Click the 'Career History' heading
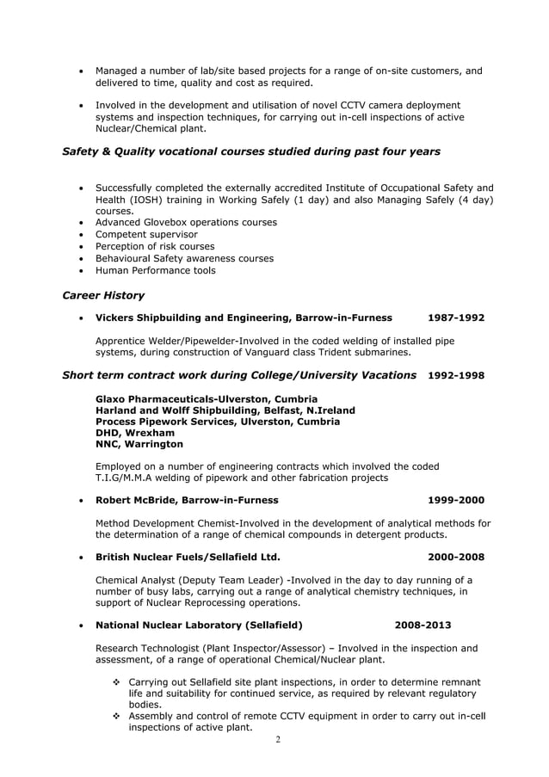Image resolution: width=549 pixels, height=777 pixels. pyautogui.click(x=103, y=296)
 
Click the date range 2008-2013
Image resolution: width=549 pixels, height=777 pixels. pyautogui.click(x=423, y=625)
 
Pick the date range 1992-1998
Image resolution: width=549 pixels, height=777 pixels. pyautogui.click(x=456, y=376)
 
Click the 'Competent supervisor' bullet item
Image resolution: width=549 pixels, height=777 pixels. pyautogui.click(x=146, y=234)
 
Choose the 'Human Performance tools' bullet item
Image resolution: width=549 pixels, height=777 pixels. pyautogui.click(x=155, y=270)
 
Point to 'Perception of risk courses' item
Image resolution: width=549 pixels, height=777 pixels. pyautogui.click(x=155, y=246)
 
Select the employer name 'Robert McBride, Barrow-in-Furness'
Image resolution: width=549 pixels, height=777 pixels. pyautogui.click(x=187, y=500)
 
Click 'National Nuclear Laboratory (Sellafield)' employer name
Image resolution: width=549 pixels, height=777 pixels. pyautogui.click(x=199, y=625)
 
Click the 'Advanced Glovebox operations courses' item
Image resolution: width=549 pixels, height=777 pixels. pyautogui.click(x=186, y=222)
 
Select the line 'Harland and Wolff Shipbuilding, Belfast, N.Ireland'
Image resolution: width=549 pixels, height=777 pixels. pyautogui.click(x=225, y=410)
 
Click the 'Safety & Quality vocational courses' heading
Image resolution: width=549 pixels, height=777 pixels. pyautogui.click(x=251, y=151)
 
